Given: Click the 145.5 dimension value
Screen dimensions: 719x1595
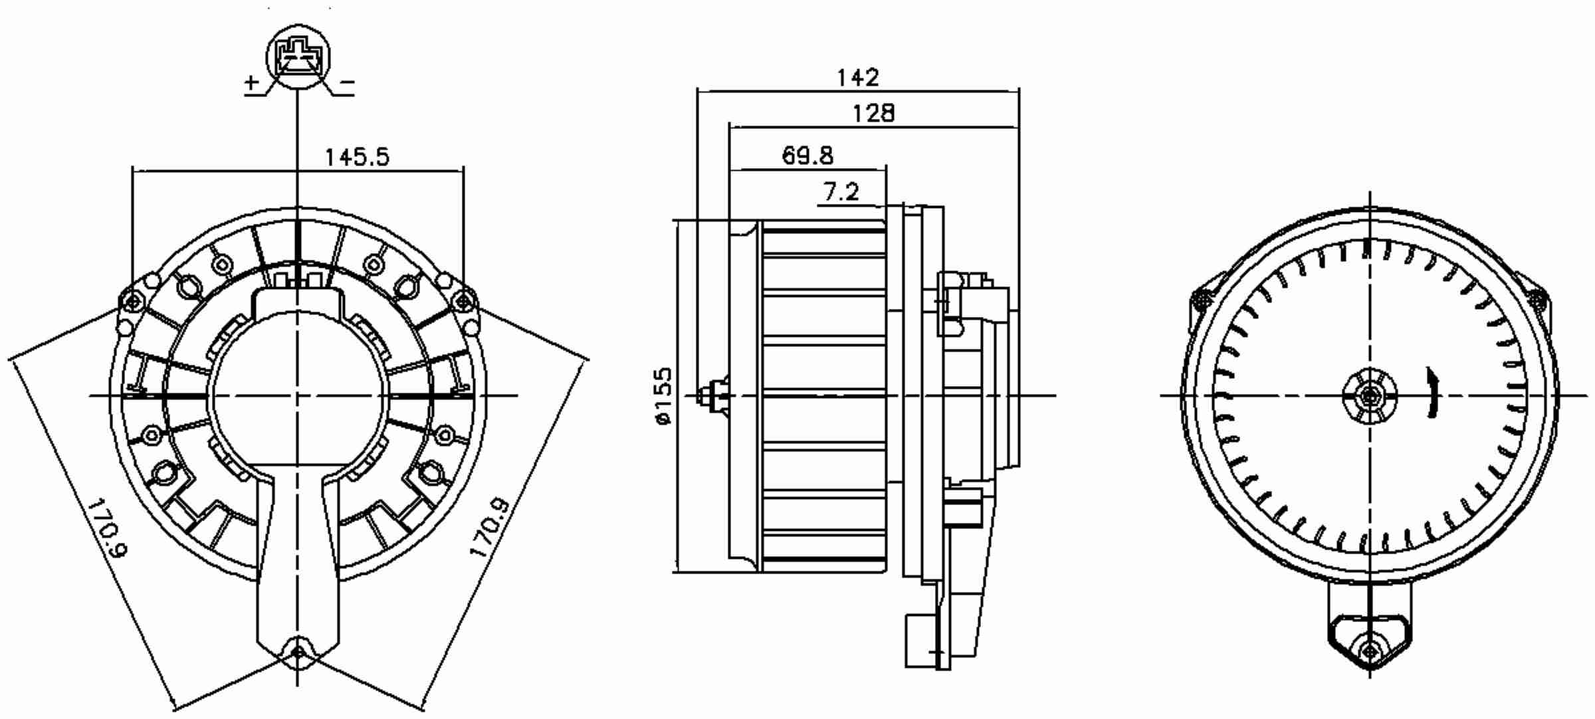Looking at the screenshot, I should click(x=357, y=157).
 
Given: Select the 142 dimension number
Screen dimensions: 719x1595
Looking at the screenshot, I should click(x=857, y=78).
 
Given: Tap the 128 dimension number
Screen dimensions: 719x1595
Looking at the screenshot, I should click(x=874, y=114).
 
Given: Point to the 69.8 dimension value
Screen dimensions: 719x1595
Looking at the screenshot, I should click(x=807, y=155).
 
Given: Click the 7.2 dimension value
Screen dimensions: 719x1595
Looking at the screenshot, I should click(x=841, y=193).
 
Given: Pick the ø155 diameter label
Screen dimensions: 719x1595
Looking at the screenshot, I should click(x=663, y=396).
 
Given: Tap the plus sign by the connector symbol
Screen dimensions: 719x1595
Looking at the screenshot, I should click(x=251, y=83).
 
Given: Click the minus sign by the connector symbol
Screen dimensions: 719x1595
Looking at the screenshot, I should click(x=348, y=83).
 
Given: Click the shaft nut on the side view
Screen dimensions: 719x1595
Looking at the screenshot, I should click(x=716, y=396).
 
